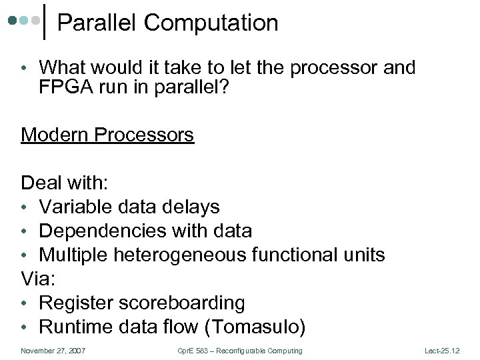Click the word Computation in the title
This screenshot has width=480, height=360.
tap(211, 23)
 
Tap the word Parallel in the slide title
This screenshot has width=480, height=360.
tap(98, 23)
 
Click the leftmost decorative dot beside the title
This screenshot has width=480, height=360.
tap(13, 20)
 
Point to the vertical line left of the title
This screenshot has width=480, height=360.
tap(44, 21)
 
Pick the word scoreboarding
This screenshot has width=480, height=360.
tap(182, 303)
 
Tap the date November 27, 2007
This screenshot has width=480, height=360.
tap(53, 351)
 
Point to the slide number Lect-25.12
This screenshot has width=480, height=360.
tap(441, 351)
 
